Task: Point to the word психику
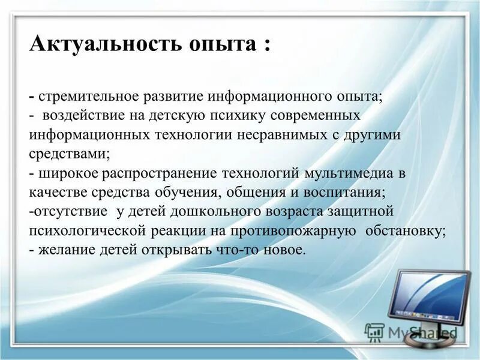[x=232, y=116]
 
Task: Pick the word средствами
[x=68, y=154]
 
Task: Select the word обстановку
[x=405, y=231]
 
